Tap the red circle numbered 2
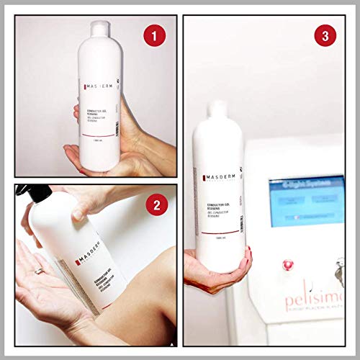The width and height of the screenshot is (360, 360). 152,205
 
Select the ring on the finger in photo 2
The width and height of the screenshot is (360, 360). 39,270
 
